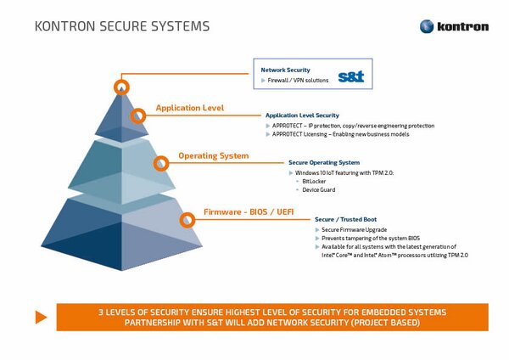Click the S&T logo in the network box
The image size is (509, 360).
350,76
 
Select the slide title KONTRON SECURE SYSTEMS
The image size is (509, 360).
122,26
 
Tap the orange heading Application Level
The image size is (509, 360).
189,109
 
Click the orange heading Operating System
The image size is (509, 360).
213,156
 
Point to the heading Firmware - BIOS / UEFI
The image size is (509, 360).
248,211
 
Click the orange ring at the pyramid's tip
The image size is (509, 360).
122,87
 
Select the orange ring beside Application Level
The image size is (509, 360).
138,115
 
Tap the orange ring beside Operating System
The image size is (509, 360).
160,164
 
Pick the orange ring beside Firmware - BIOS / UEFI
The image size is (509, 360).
187,220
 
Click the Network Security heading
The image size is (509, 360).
285,70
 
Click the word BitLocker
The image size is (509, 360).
314,181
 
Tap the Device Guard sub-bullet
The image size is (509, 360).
318,189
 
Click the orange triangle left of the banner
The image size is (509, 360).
40,317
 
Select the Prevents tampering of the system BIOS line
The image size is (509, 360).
371,239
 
